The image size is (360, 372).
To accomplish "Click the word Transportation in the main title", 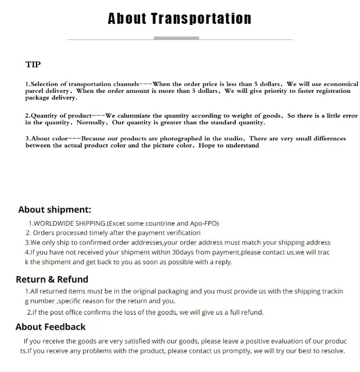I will coord(201,19).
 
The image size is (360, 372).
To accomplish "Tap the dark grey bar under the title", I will coord(176,38).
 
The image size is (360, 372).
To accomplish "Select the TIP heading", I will coord(33,64).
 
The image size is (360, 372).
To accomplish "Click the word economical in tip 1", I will coord(340,84).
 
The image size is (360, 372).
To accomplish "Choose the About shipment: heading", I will coord(55,210).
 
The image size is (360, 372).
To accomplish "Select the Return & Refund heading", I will coord(52,279).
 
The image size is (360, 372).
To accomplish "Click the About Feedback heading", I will coord(51,327).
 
